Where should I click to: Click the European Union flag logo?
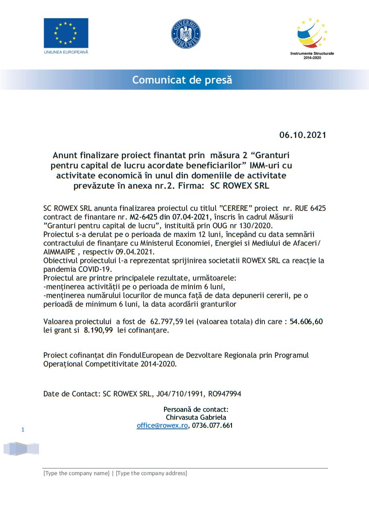point(66,33)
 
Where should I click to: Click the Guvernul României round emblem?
point(186,33)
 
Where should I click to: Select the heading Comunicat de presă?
point(182,80)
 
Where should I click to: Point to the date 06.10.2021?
point(303,135)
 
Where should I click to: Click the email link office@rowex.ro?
point(162,426)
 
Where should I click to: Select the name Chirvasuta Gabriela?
point(196,418)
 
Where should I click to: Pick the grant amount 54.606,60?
point(306,321)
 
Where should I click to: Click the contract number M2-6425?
point(143,217)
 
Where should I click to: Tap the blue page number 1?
point(23,430)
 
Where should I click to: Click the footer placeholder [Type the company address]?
point(151,473)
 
